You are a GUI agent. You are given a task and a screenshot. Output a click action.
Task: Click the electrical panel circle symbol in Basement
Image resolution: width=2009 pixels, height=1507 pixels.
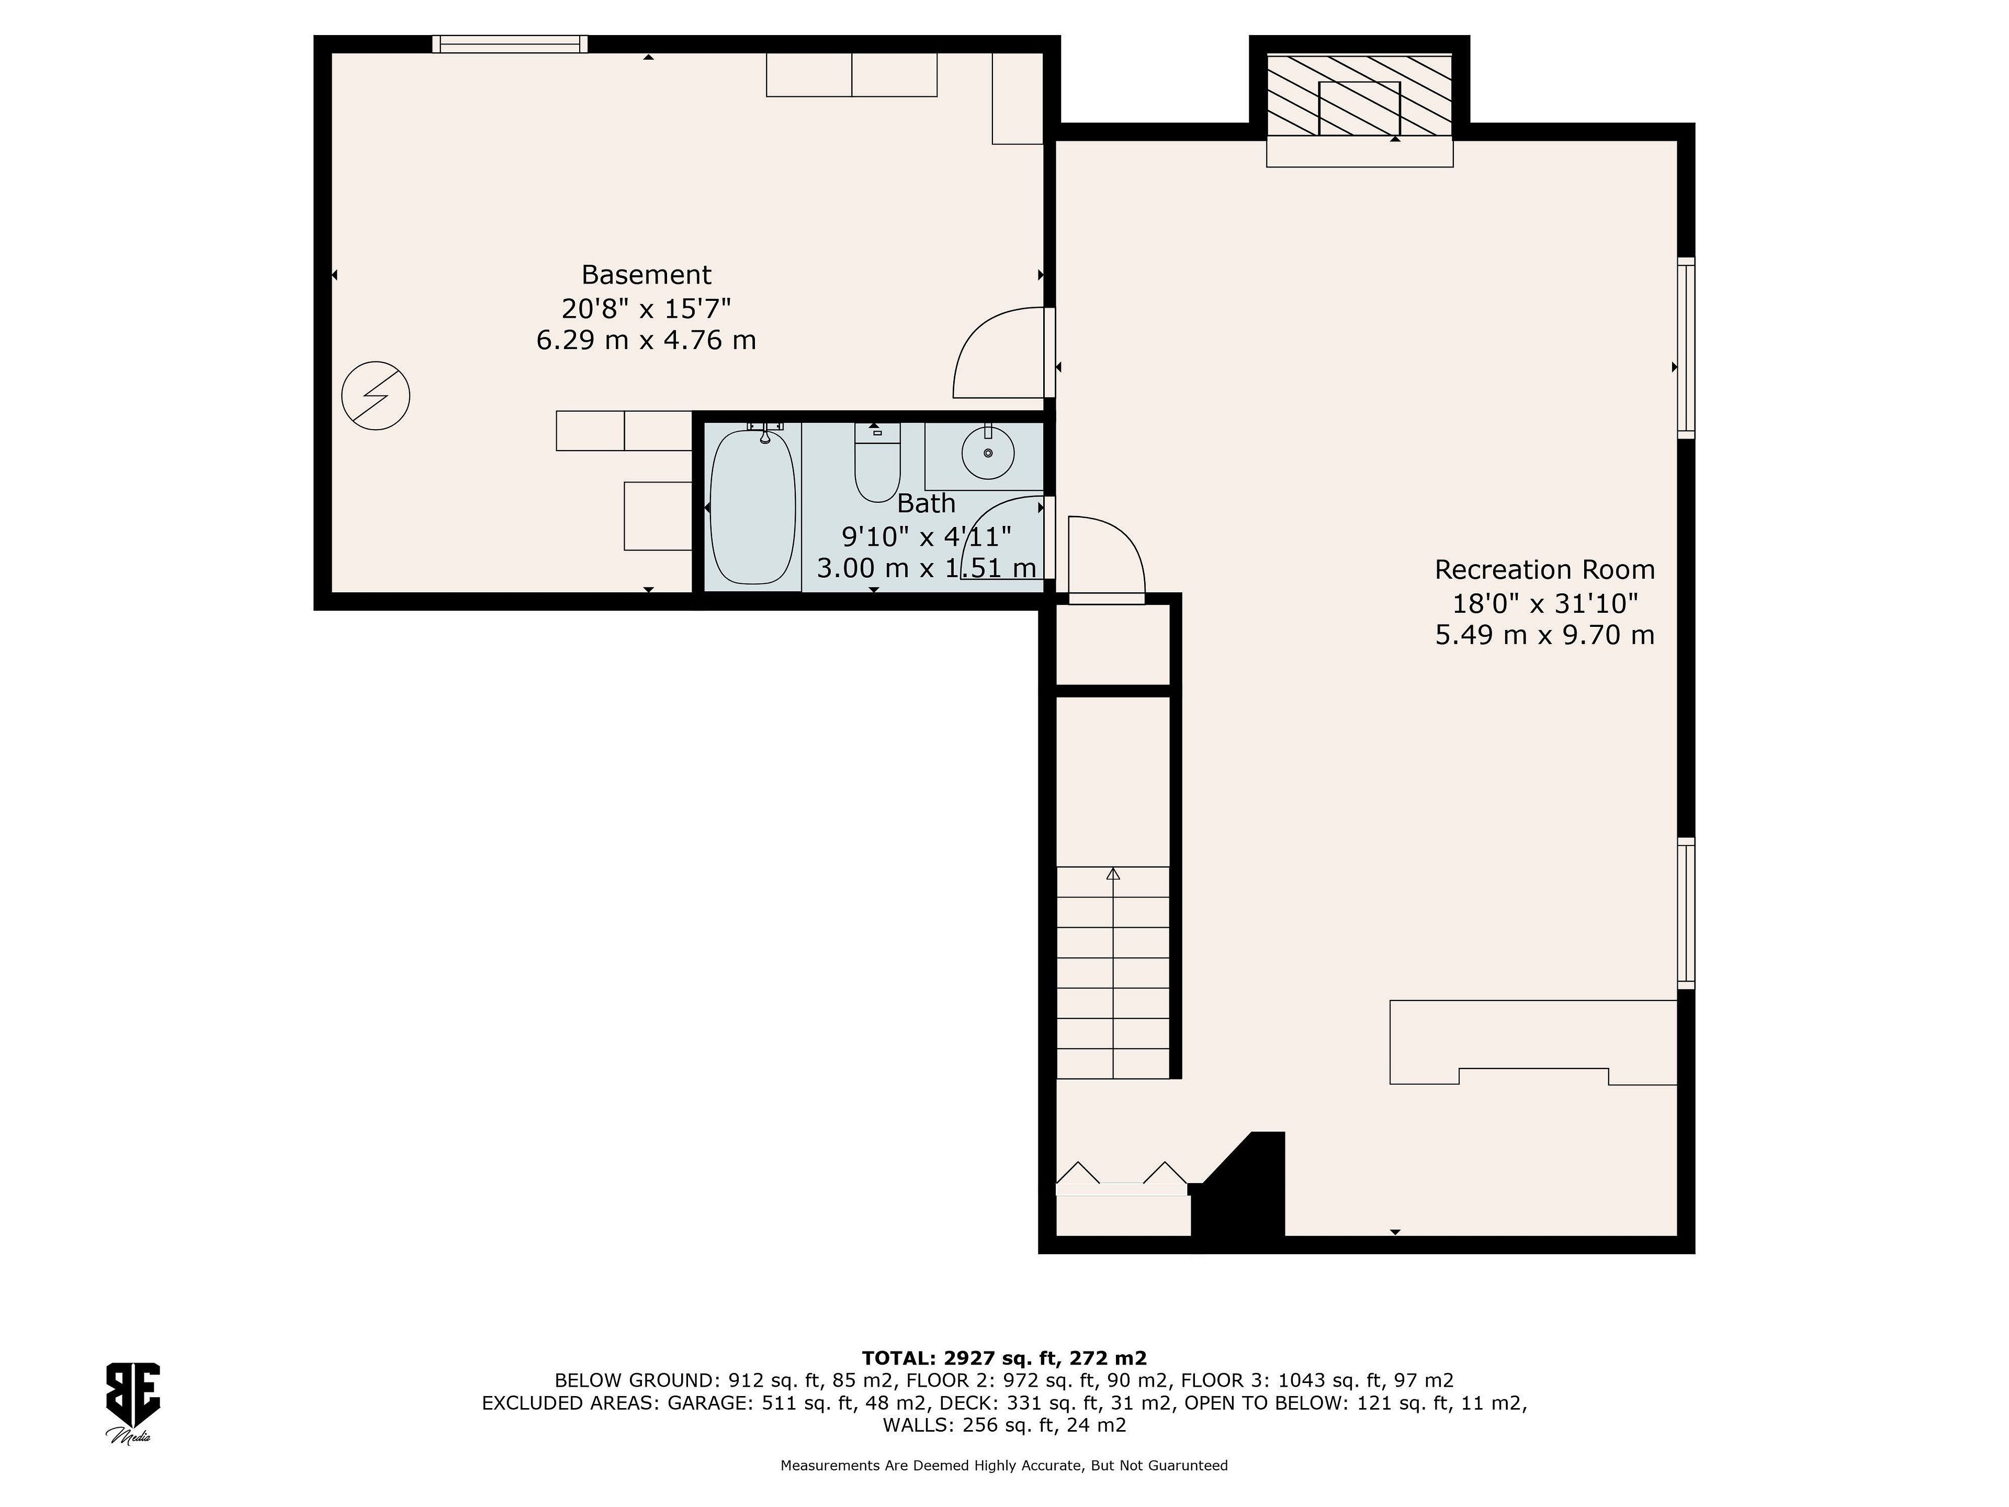click(375, 396)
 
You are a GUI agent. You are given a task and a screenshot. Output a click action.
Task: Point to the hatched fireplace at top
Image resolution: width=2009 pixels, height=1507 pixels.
click(1360, 95)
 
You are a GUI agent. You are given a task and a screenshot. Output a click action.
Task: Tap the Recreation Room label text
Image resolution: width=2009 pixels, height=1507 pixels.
click(1544, 569)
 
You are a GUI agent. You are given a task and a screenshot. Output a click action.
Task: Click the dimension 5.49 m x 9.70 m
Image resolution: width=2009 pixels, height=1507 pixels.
click(1544, 635)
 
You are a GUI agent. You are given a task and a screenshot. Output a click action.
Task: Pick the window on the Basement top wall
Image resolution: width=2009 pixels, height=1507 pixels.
click(510, 43)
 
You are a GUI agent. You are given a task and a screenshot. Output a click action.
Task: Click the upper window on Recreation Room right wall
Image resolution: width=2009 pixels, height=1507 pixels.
click(1686, 348)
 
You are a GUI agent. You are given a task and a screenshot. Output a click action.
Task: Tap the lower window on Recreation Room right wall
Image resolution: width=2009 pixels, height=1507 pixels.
click(1686, 913)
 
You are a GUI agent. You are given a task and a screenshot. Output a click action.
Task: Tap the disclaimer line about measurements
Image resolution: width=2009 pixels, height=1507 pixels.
click(1003, 1465)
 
